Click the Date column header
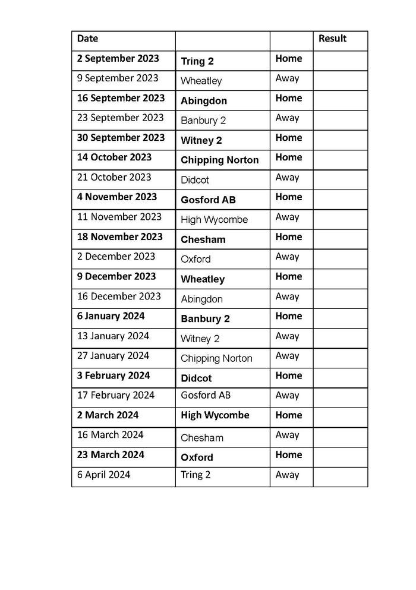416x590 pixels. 87,39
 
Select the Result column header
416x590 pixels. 332,39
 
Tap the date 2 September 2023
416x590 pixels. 118,59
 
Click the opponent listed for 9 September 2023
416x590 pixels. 201,81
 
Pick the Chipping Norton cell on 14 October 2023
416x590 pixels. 219,160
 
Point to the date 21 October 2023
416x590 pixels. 114,177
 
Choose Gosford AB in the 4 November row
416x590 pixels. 208,200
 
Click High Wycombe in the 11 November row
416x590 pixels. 214,220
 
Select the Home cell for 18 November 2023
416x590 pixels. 288,236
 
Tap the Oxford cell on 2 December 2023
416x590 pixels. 196,259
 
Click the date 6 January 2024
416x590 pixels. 111,316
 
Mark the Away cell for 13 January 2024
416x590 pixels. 287,336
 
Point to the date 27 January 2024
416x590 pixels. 113,356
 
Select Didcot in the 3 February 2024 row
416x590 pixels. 196,378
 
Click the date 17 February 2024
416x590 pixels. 115,395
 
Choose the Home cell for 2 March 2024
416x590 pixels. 288,415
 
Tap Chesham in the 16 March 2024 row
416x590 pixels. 202,438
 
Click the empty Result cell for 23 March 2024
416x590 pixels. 340,457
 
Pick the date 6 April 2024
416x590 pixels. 103,475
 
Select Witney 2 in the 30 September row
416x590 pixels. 201,140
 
